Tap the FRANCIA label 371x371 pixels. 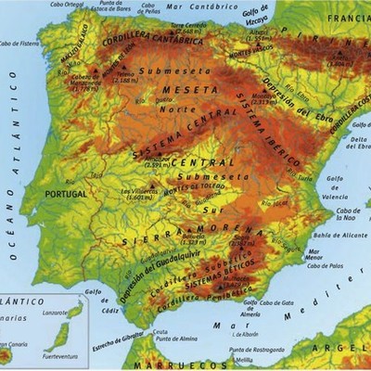click(x=350, y=17)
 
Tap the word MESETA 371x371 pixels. click(x=182, y=90)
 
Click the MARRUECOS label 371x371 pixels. click(x=167, y=365)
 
